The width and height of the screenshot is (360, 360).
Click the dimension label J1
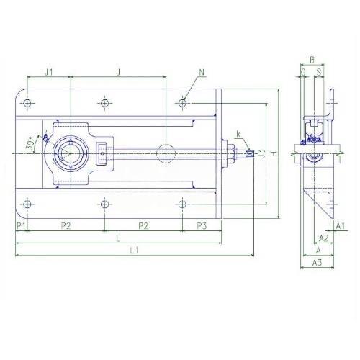(49, 72)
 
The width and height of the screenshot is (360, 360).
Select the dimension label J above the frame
(118, 72)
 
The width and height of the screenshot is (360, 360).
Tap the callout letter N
(202, 72)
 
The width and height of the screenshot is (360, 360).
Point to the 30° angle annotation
(31, 143)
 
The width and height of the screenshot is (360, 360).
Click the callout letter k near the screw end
(238, 134)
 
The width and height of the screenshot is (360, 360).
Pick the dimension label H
(274, 153)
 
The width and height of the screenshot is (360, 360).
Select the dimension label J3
(262, 153)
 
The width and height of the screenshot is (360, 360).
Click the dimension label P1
(21, 225)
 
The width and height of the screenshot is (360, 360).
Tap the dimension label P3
(202, 225)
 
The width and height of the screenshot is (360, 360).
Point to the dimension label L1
(135, 251)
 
